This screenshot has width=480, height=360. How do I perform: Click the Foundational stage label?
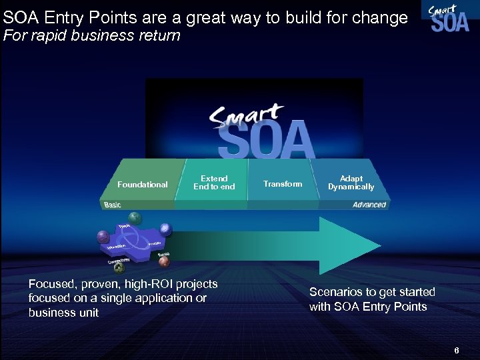tap(142, 185)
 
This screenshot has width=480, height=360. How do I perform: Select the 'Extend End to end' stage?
tap(214, 183)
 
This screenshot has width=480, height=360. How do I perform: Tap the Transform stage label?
tap(282, 184)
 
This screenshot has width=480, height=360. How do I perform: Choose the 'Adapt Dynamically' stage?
tap(351, 183)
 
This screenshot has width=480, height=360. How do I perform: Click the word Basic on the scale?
tap(113, 205)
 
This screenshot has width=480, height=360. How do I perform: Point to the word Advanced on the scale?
tap(369, 205)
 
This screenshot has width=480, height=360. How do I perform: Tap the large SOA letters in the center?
tap(266, 139)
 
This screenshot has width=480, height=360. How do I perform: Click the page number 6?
tap(457, 350)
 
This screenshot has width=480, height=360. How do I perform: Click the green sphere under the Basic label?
tap(135, 217)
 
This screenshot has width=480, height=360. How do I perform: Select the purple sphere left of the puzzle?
tap(103, 237)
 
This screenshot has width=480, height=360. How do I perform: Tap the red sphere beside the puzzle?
tap(163, 262)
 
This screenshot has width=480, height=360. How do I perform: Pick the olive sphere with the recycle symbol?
tap(119, 268)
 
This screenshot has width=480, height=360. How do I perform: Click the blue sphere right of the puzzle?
tap(165, 229)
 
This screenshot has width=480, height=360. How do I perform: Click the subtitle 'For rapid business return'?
tap(92, 36)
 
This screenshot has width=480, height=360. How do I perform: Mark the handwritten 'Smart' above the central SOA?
tap(247, 116)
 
